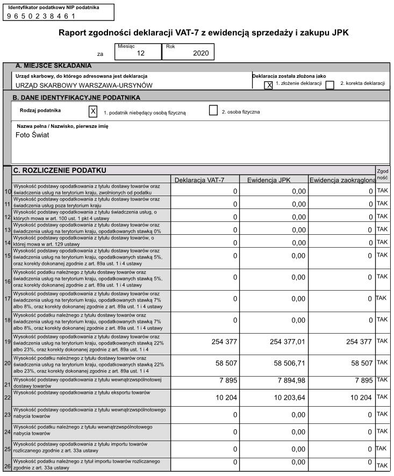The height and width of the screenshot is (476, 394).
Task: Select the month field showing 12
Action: pyautogui.click(x=138, y=52)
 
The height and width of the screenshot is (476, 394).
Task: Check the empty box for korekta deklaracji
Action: pyautogui.click(x=330, y=85)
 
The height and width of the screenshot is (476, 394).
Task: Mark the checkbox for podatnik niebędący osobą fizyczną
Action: pyautogui.click(x=93, y=111)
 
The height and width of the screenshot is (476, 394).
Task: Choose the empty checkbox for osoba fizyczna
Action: pyautogui.click(x=213, y=111)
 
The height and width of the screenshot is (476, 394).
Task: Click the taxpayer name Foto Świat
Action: pyautogui.click(x=32, y=135)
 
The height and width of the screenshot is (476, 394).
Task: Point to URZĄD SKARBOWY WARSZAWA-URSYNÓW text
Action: pyautogui.click(x=84, y=85)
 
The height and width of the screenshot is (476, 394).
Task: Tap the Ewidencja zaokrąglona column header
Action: pyautogui.click(x=342, y=179)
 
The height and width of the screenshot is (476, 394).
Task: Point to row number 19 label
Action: pyautogui.click(x=8, y=342)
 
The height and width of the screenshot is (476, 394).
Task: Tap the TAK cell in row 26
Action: pyautogui.click(x=383, y=465)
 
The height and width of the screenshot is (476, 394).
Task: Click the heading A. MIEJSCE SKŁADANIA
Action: pyautogui.click(x=53, y=66)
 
